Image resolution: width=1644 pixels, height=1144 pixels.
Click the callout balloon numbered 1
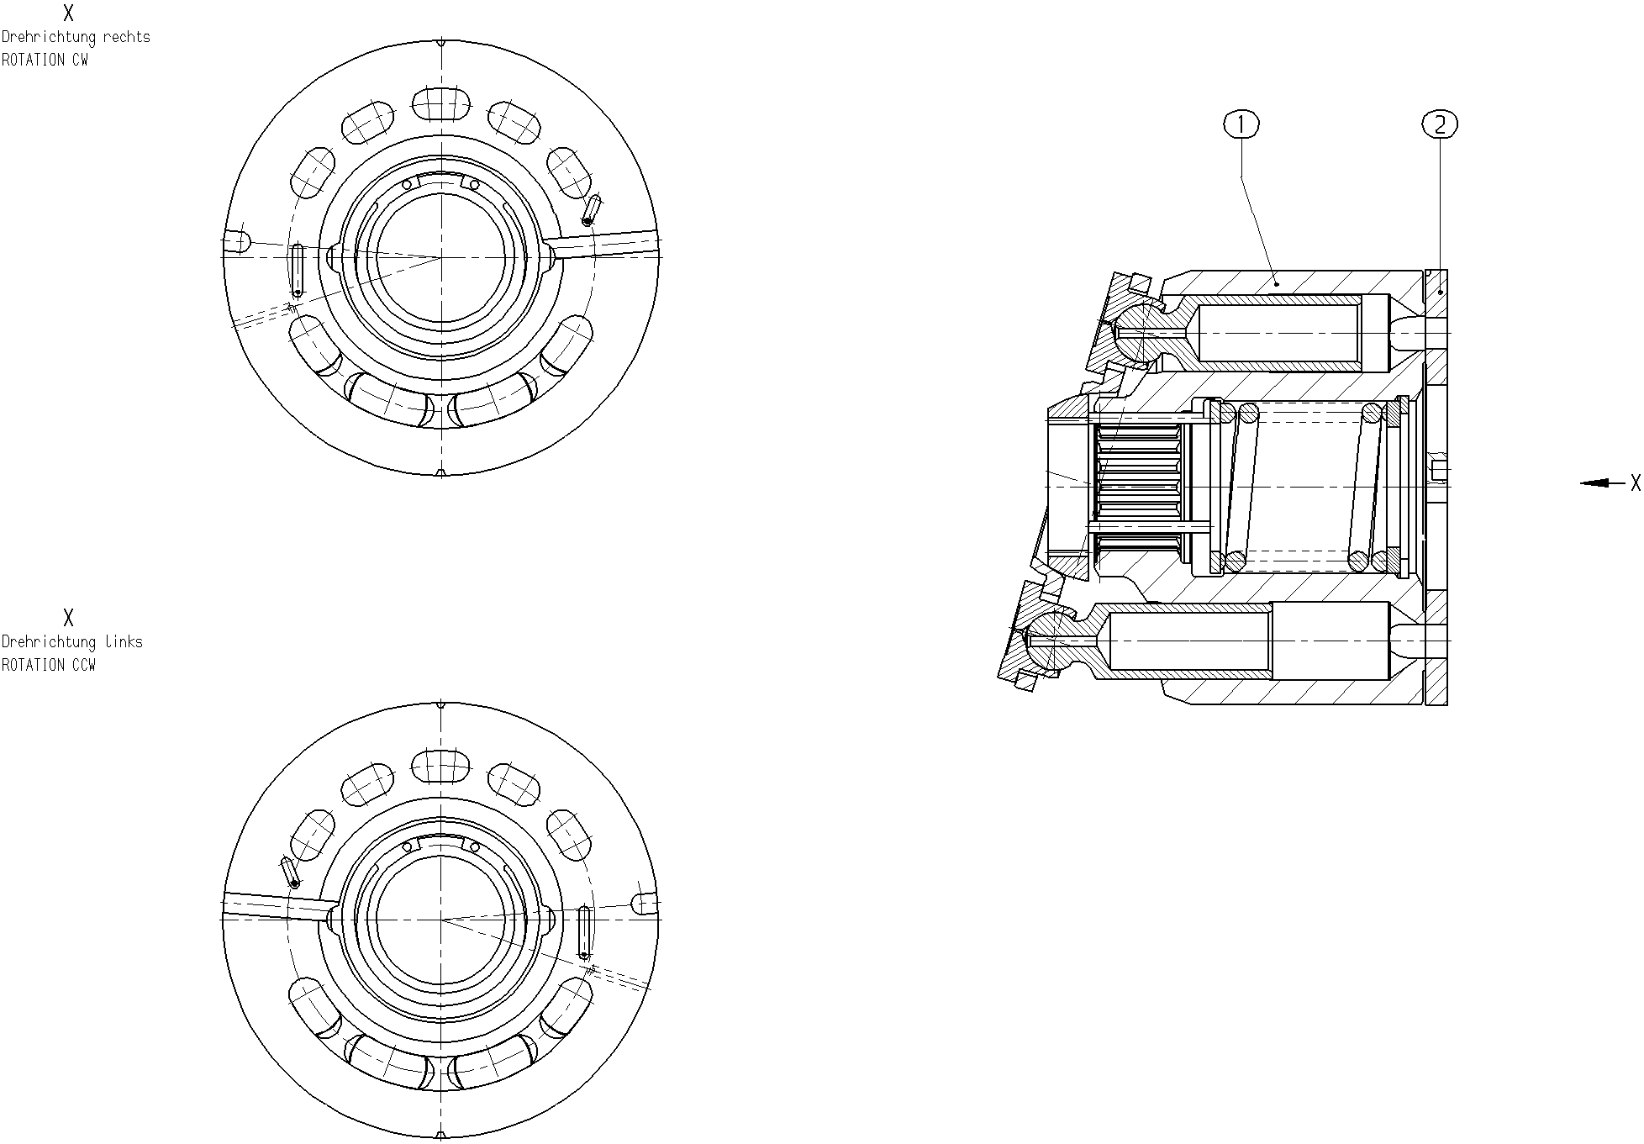(x=1241, y=125)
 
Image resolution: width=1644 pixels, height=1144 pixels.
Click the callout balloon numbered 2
(x=1440, y=125)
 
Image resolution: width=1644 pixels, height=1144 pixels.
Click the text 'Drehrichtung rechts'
(x=76, y=37)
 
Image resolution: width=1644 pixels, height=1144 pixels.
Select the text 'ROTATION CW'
(x=45, y=60)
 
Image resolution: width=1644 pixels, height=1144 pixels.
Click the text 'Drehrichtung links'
(x=72, y=642)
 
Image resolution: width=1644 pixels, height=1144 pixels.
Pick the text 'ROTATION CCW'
(x=49, y=665)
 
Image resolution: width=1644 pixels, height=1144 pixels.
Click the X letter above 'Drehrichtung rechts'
(x=68, y=13)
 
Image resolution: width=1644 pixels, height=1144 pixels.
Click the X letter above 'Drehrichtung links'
(x=68, y=618)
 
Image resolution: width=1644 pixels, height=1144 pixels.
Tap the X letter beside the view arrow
(x=1635, y=482)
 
